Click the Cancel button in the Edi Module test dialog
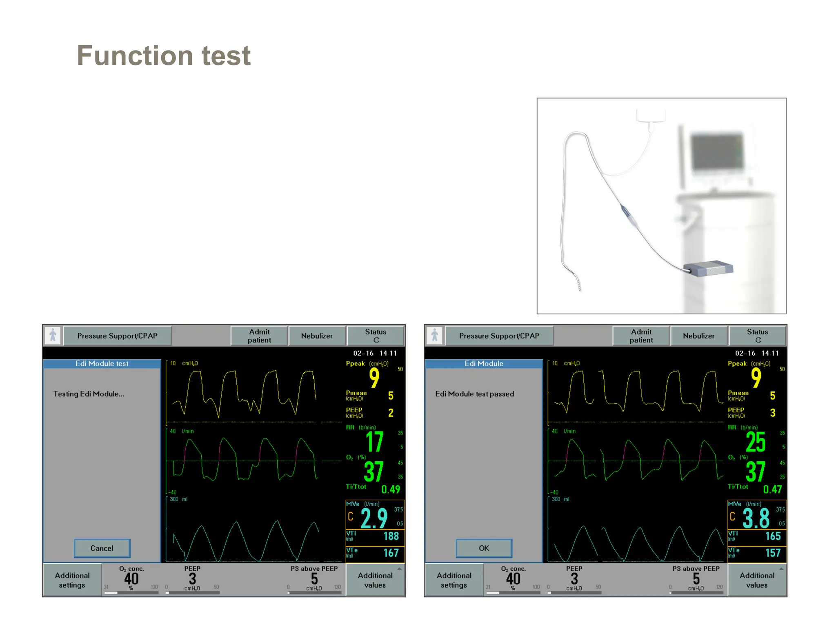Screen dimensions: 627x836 click(102, 548)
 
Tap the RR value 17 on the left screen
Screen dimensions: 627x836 click(374, 442)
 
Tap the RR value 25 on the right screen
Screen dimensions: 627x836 click(756, 442)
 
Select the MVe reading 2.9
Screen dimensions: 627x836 click(374, 518)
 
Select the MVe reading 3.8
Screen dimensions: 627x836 click(756, 518)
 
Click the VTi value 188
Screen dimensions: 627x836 click(391, 536)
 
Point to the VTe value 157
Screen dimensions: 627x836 click(773, 553)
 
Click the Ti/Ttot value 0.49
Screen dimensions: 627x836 click(391, 489)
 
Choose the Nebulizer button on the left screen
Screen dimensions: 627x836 click(317, 336)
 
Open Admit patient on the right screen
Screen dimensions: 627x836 click(641, 336)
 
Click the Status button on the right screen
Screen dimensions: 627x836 click(757, 336)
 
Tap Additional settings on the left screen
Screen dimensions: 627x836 click(72, 580)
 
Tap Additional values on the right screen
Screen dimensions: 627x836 click(757, 580)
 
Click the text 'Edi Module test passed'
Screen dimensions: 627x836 click(474, 394)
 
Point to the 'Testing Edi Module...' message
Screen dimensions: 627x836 click(89, 394)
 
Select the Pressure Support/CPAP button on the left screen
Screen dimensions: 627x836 click(117, 336)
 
